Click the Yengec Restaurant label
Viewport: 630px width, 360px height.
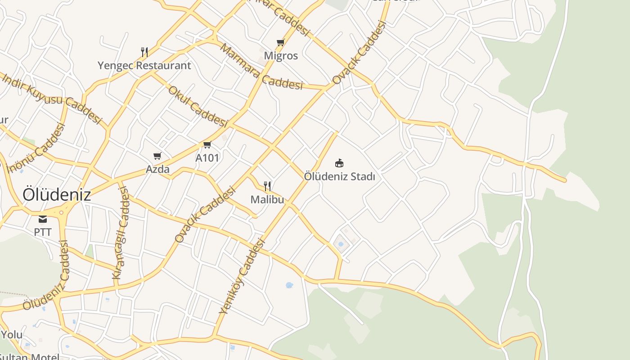144,66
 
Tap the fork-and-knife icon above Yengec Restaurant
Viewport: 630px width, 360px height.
144,52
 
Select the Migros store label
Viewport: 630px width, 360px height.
281,56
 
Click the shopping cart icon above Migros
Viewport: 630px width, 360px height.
281,43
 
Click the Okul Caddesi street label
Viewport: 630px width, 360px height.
198,106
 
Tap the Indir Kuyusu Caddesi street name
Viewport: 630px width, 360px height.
52,97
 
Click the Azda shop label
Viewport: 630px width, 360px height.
157,169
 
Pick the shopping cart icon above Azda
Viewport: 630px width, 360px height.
157,156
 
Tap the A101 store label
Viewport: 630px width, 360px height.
207,158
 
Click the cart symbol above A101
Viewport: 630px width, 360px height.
207,144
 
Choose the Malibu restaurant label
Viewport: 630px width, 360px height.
267,199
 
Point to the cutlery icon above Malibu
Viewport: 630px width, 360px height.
267,186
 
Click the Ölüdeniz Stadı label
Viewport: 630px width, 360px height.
339,176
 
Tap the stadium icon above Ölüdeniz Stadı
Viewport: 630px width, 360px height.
339,163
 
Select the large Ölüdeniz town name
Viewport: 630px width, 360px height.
57,195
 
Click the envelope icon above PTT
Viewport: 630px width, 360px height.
43,219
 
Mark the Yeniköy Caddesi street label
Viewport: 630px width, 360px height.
242,276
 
